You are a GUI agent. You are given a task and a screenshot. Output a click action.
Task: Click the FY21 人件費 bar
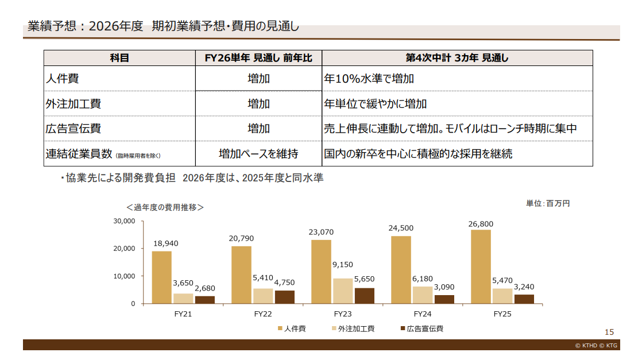click(161, 277)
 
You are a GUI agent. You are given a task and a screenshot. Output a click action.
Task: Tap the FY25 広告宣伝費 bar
click(524, 299)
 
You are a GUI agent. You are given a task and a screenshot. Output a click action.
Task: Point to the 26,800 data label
click(481, 224)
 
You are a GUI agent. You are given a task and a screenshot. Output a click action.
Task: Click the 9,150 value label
click(343, 265)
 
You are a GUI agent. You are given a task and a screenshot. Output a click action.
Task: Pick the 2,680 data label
click(204, 288)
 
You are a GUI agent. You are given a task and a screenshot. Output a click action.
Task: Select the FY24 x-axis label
click(423, 315)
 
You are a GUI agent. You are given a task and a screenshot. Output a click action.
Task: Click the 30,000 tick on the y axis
click(125, 221)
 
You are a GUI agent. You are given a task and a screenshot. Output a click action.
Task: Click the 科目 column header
click(119, 58)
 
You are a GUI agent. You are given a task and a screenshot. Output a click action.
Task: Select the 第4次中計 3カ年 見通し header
click(457, 58)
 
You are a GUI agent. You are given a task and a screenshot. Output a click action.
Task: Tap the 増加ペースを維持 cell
click(258, 154)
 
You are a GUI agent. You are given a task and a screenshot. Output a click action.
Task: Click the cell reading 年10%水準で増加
click(369, 79)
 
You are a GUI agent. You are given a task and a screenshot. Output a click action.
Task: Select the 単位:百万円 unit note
click(548, 203)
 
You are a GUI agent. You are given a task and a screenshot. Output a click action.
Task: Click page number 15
click(609, 332)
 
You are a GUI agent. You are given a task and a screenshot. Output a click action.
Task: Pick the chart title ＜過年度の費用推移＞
click(165, 207)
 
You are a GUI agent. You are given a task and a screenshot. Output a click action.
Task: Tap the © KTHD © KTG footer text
click(596, 345)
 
